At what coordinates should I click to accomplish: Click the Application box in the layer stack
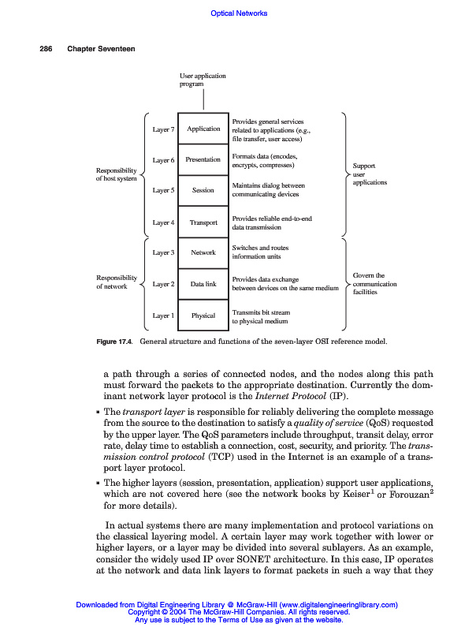203,129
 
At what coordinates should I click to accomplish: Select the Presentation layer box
203,159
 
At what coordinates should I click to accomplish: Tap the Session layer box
203,190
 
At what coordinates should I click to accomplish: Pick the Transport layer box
203,222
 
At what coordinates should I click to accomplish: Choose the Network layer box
203,252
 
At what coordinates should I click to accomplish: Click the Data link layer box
203,284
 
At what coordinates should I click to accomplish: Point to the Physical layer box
203,315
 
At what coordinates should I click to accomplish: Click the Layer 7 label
163,129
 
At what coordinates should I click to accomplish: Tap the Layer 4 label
163,222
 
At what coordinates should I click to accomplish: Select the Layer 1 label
163,315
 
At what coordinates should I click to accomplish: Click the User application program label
203,79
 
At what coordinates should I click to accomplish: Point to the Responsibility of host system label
116,174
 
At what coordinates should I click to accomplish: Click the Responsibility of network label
116,282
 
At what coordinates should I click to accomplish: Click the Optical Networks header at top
239,13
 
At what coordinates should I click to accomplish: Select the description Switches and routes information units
260,252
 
